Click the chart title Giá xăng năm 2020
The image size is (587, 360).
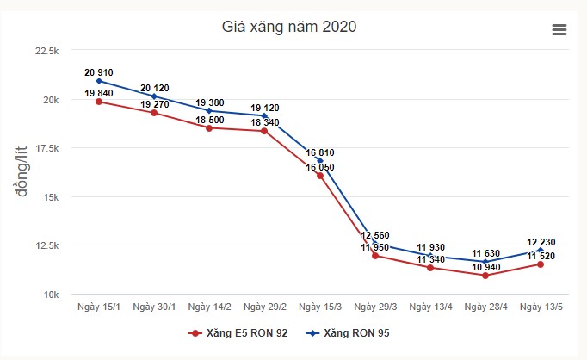(x=289, y=26)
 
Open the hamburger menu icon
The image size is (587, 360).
(x=559, y=29)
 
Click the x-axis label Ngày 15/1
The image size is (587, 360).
(x=99, y=307)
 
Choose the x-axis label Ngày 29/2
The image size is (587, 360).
(x=264, y=307)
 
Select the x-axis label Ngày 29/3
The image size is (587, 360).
(x=375, y=307)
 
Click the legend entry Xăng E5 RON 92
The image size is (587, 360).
(x=238, y=332)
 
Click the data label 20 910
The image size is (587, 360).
(x=99, y=72)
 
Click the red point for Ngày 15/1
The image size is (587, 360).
(x=99, y=102)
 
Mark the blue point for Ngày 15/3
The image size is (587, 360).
(x=320, y=161)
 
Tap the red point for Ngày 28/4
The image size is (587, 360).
(x=485, y=276)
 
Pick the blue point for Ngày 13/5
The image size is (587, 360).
(x=541, y=250)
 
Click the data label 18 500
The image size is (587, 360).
(x=209, y=119)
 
